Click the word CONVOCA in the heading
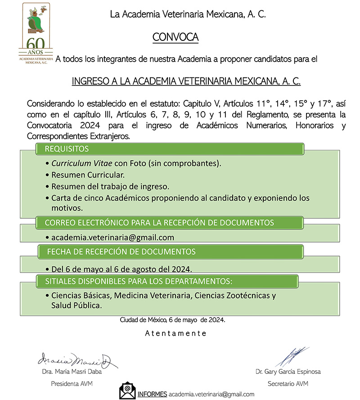(x=175, y=37)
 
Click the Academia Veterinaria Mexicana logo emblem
(x=36, y=21)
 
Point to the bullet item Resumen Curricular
(x=88, y=175)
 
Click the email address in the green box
(x=112, y=238)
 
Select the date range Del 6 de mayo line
(x=121, y=269)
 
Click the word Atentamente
(x=175, y=333)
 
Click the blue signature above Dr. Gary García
(x=292, y=355)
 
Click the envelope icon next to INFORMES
(x=127, y=391)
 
